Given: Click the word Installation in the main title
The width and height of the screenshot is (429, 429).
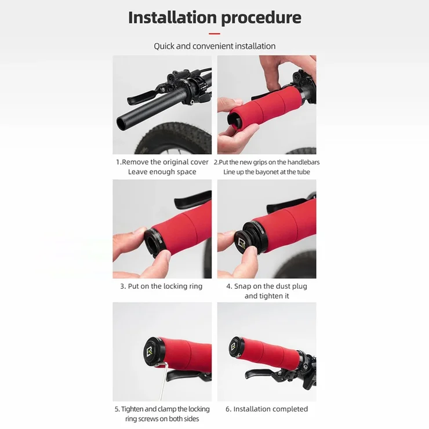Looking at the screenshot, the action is pyautogui.click(x=172, y=17).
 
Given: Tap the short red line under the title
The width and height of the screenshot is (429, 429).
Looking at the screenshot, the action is pyautogui.click(x=214, y=34).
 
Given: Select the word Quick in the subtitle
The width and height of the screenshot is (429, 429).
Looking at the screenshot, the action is pyautogui.click(x=164, y=46).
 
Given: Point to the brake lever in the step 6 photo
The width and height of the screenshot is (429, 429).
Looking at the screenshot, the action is pyautogui.click(x=265, y=373).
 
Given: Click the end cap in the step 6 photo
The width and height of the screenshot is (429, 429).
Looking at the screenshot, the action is pyautogui.click(x=235, y=347).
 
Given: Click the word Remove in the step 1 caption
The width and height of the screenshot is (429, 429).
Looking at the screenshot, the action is pyautogui.click(x=135, y=162).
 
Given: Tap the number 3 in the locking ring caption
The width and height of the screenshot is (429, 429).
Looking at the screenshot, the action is pyautogui.click(x=122, y=286).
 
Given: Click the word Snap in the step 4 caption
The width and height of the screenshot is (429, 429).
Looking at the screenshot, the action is pyautogui.click(x=242, y=286).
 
